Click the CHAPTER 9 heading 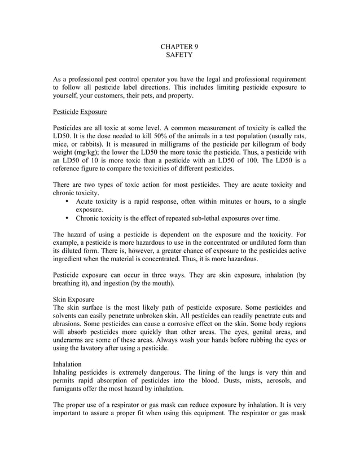click(179, 46)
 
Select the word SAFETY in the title click(179, 55)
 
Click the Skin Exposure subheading click(73, 298)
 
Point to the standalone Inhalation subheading click(67, 364)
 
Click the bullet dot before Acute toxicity click(68, 201)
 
